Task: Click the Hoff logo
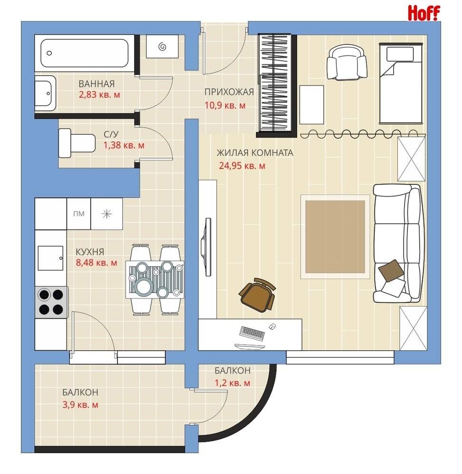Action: coord(424,13)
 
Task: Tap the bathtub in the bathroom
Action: coord(85,53)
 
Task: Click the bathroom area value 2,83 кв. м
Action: coord(99,95)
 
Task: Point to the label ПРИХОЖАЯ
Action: coord(229,92)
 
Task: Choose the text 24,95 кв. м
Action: coord(242,165)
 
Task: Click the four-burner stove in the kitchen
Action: coord(51,302)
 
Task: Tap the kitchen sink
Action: coord(50,258)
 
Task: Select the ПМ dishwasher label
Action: coord(79,214)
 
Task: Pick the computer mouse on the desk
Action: coord(272,326)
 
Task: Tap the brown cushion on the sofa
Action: coord(391,271)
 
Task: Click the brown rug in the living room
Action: coord(335,237)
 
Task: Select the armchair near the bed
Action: coord(347,63)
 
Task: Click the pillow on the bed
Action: coord(400,55)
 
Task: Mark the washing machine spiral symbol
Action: coord(162,46)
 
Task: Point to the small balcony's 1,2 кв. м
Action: coord(232,383)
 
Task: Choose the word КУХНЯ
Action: coord(90,252)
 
